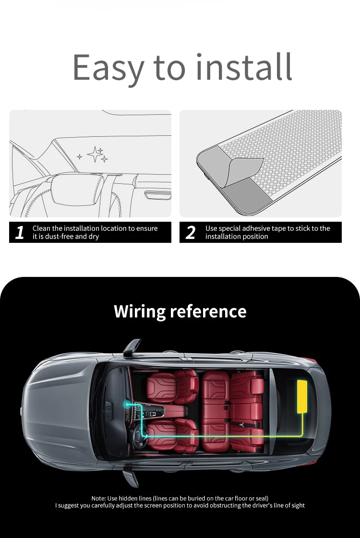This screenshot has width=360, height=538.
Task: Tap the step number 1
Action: (20, 232)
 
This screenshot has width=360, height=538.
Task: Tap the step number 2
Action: (191, 232)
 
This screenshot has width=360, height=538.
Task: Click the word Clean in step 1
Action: (41, 228)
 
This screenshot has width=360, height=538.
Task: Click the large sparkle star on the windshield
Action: (94, 154)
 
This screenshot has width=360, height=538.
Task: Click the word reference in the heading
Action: (208, 311)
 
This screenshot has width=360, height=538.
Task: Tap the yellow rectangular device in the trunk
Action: (302, 396)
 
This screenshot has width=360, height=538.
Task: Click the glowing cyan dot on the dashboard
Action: (127, 405)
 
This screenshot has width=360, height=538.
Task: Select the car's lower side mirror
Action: (131, 478)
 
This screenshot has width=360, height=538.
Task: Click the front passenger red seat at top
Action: (172, 386)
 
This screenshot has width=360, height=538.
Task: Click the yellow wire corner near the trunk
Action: (301, 435)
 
